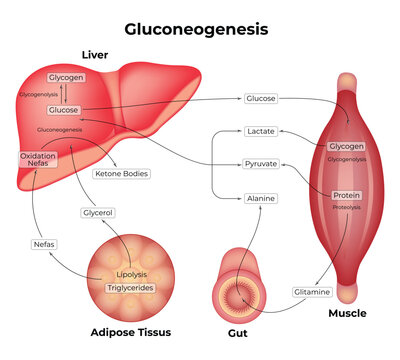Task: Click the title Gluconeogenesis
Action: (201, 29)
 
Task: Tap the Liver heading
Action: (96, 54)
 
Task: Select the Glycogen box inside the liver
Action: (65, 77)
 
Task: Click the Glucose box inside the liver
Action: (64, 109)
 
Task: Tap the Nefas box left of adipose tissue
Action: (44, 243)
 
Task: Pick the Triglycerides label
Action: (130, 288)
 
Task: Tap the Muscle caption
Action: (347, 313)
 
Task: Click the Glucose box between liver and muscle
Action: (260, 99)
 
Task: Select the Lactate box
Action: (260, 131)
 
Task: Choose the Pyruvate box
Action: (260, 163)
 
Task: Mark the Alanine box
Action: (260, 199)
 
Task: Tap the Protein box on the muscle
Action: (346, 194)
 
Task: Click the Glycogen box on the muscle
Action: (346, 147)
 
